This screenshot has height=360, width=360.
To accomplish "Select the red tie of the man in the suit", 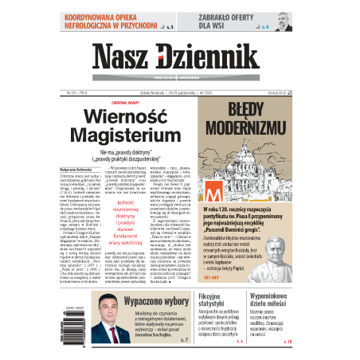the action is pos(112,339).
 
